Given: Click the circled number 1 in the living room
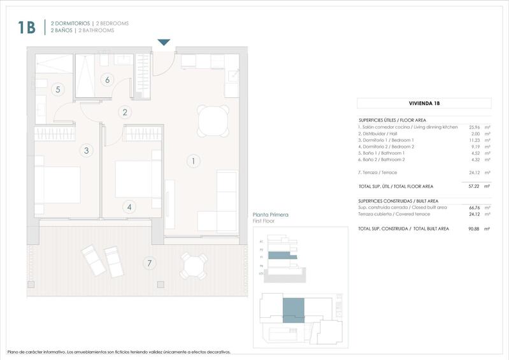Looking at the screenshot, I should (193, 161).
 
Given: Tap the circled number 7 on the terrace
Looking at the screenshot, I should (149, 263).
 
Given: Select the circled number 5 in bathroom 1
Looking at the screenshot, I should (57, 89).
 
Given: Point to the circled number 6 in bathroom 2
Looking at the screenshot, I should (107, 80).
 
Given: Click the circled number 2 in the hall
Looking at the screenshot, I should (125, 113).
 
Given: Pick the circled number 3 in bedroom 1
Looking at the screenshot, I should (85, 151).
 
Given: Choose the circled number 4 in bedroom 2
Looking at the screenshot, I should (129, 206).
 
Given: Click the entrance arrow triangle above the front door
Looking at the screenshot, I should (164, 43).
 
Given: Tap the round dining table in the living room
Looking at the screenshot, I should (212, 120).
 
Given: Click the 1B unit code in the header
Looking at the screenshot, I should (26, 27).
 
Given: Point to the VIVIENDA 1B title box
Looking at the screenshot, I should (424, 103).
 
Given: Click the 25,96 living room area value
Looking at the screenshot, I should (474, 127).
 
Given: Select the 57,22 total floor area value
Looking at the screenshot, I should (474, 187).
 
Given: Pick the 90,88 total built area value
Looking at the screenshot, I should (474, 228).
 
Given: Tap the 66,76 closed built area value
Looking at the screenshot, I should (474, 207).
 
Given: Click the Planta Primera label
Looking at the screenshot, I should (271, 215).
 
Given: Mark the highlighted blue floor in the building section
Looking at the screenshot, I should (282, 255).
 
